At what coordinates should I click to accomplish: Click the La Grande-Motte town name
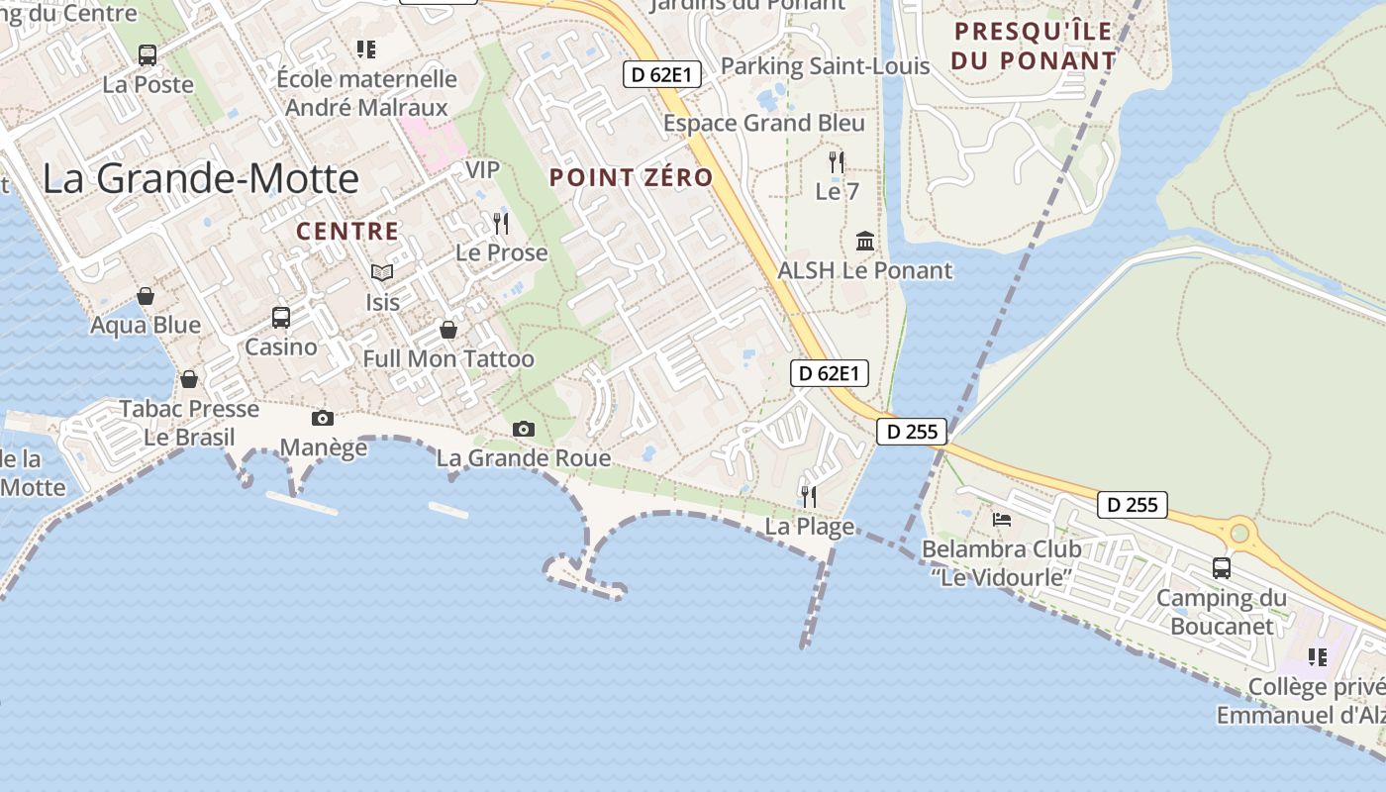(x=200, y=179)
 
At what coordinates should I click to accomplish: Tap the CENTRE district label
(x=347, y=232)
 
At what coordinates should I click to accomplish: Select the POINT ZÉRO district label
(x=631, y=178)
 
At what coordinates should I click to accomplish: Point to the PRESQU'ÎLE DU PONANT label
(x=1034, y=46)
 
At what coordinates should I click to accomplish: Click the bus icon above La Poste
(x=148, y=55)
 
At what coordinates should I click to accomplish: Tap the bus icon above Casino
(x=281, y=318)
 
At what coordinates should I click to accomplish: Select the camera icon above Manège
(x=323, y=419)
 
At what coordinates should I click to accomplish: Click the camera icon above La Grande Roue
(x=524, y=429)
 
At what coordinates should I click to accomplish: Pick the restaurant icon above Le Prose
(x=501, y=224)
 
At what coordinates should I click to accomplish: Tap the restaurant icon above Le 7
(x=838, y=162)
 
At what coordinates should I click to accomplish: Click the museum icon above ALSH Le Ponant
(x=865, y=241)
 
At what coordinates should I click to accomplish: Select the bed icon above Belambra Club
(x=1002, y=520)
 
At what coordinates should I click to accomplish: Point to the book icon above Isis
(x=382, y=272)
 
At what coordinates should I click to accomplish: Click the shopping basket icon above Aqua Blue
(x=146, y=296)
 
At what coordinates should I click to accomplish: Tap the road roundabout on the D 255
(x=1238, y=534)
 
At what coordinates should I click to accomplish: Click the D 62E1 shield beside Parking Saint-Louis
(x=662, y=73)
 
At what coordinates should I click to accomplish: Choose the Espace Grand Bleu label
(x=763, y=123)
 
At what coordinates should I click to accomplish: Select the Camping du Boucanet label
(x=1222, y=612)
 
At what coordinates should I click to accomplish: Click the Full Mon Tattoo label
(x=448, y=358)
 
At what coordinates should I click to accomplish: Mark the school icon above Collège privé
(x=1318, y=656)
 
